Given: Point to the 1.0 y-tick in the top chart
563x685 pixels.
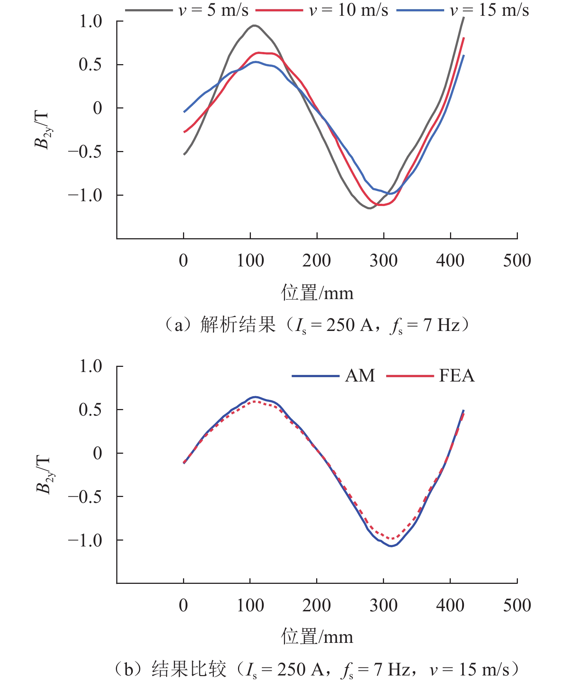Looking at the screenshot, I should tap(91, 22).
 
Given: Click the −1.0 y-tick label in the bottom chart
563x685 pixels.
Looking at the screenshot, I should tap(85, 540).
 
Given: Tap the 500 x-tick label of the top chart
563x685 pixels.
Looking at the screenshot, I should tap(517, 261).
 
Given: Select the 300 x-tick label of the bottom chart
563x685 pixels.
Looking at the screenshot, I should tap(383, 605).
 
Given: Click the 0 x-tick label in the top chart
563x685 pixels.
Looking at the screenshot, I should tap(183, 261).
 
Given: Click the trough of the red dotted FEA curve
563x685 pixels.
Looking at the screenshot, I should tap(392, 539).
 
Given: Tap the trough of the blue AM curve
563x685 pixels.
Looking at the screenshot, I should tap(391, 546).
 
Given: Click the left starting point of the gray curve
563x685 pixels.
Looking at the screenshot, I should tap(184, 154).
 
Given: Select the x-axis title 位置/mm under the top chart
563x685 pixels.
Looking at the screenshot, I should tap(317, 293).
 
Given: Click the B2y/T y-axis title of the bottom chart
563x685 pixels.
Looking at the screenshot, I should tap(44, 475).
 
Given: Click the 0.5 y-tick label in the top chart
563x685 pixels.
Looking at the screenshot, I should tap(91, 65).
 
